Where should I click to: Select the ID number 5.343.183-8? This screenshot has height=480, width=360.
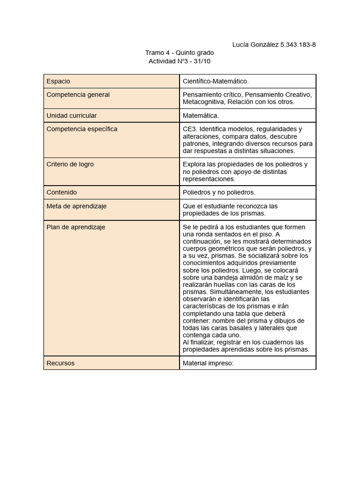click(298, 45)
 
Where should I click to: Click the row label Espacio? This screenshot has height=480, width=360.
click(58, 81)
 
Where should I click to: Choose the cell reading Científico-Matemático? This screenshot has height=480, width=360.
click(216, 81)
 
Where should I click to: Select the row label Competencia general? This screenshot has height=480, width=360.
click(78, 95)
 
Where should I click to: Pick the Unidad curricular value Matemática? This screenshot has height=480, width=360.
click(201, 115)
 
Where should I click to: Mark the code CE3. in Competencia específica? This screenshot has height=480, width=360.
click(190, 129)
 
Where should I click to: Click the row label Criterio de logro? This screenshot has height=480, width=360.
click(70, 165)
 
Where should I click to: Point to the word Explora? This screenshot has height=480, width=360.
click(194, 165)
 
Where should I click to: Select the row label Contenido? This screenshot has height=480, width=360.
click(61, 192)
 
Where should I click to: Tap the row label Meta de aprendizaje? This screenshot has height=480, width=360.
click(76, 206)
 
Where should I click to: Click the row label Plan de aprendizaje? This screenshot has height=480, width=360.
click(75, 227)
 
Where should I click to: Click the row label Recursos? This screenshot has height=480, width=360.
click(60, 363)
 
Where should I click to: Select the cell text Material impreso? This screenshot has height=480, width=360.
click(208, 363)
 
